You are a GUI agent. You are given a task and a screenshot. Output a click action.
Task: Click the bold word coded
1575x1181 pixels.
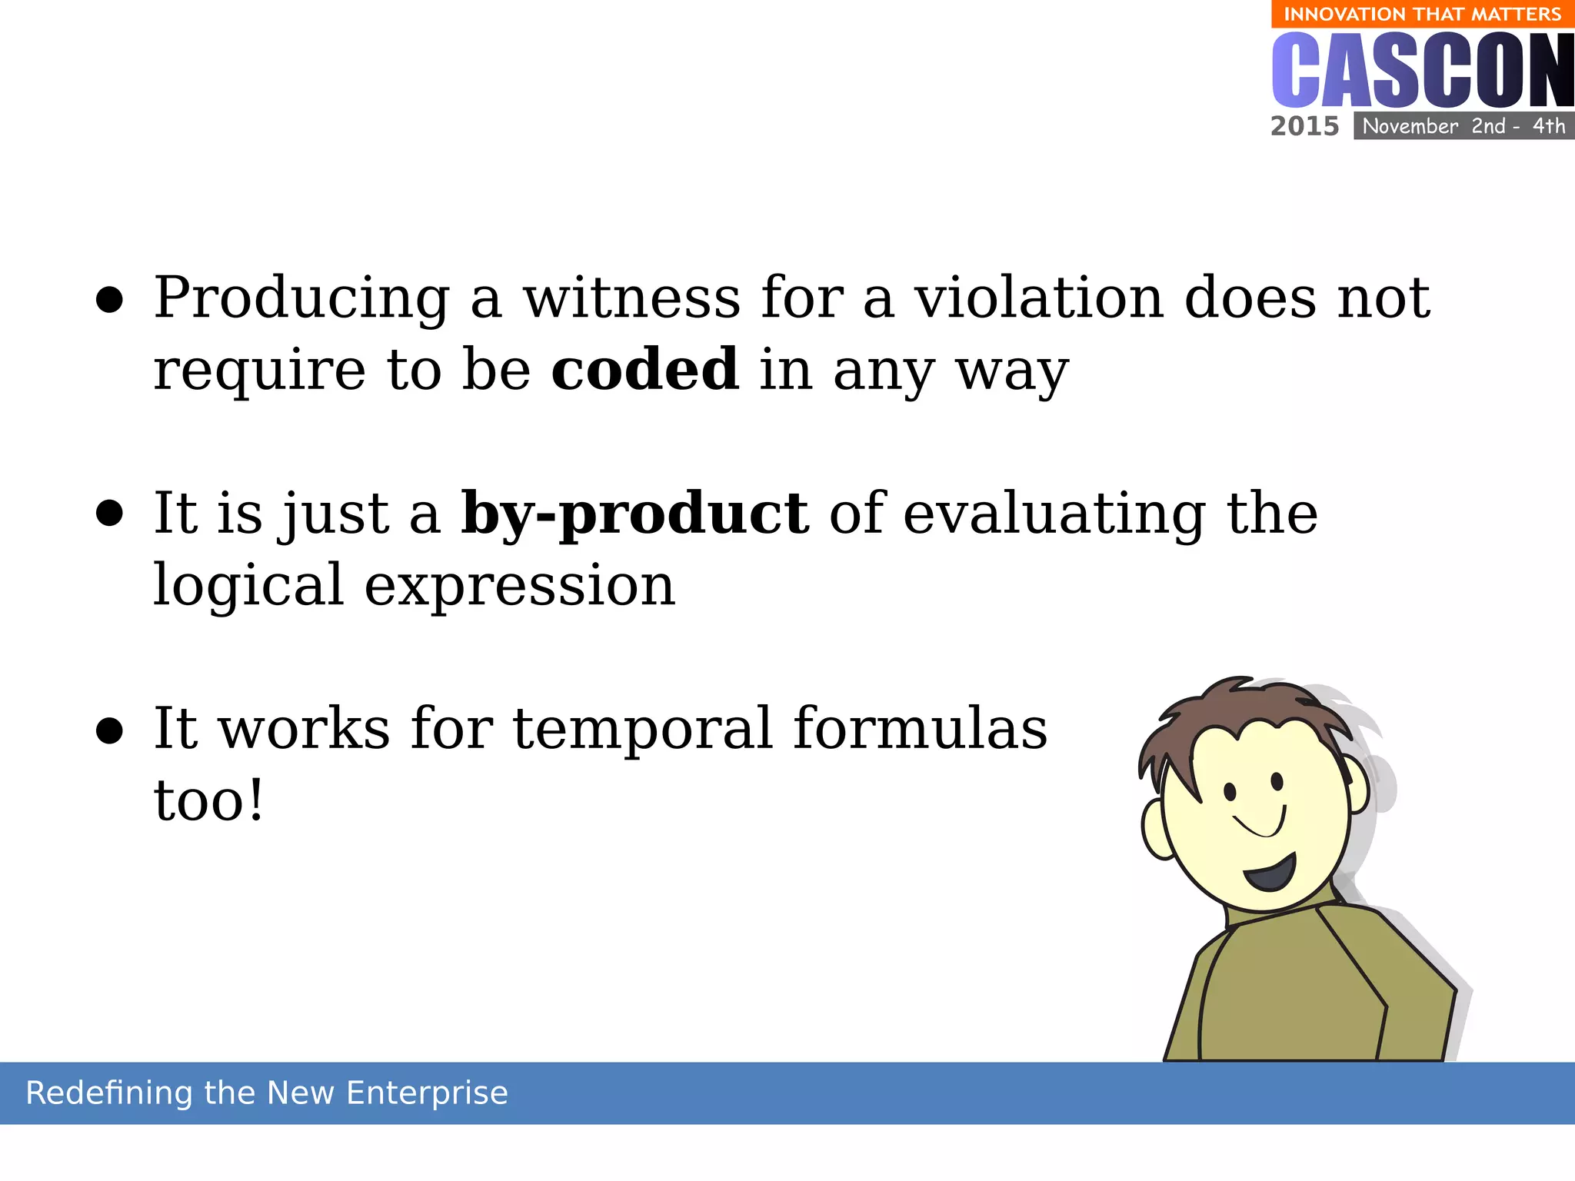644,370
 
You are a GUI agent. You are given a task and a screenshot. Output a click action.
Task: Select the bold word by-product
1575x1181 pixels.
634,514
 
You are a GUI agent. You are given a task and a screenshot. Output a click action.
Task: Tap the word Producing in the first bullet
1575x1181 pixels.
301,298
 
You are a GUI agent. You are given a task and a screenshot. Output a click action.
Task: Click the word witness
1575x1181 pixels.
631,298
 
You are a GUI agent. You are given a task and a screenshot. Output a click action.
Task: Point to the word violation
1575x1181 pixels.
1039,298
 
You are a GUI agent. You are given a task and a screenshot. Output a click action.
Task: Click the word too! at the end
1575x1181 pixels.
208,800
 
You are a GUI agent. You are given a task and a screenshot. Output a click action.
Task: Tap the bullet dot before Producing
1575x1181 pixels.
109,301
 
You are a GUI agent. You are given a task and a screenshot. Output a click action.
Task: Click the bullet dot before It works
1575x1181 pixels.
109,731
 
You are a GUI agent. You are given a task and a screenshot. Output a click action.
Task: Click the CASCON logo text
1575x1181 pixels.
1422,71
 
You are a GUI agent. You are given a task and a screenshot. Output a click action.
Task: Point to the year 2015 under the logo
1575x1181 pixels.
1304,126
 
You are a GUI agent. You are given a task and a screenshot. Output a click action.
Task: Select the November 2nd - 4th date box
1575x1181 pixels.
1463,126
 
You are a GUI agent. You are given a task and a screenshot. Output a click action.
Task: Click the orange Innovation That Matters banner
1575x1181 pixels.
1422,14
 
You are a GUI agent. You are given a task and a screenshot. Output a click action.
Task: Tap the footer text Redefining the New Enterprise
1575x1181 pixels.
267,1093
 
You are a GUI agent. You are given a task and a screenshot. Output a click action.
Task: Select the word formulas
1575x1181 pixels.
920,728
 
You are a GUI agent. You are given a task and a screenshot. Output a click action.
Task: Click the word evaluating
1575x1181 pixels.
1054,514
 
